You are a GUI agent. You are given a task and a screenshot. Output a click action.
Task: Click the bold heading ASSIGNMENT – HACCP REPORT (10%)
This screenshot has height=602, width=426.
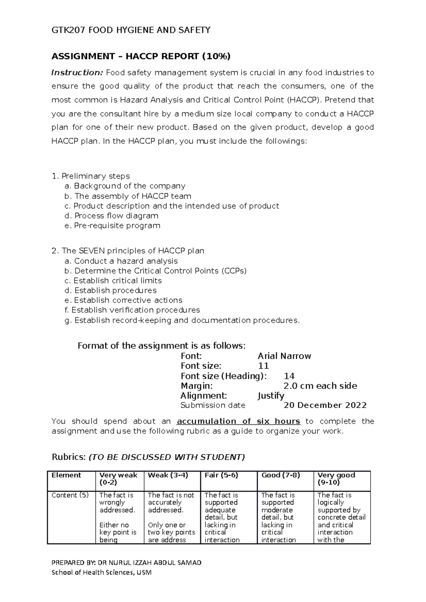coord(141,56)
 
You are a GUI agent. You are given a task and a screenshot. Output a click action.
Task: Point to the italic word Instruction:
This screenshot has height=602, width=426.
coord(77,73)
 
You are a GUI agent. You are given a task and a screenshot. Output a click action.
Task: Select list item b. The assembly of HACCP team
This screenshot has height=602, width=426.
coord(128,196)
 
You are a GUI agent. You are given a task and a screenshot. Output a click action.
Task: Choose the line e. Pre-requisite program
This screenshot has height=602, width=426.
coord(113,225)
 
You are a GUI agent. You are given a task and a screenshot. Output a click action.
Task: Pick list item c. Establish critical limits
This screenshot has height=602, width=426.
coord(113,280)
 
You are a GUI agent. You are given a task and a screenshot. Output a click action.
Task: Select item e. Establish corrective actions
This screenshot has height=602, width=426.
coord(124,300)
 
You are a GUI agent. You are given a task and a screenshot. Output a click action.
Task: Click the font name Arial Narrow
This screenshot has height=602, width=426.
coord(284,356)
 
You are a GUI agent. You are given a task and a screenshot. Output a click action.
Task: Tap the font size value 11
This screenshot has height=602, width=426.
coord(263,366)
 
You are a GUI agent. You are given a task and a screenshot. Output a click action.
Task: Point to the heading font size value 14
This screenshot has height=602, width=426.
coord(289,376)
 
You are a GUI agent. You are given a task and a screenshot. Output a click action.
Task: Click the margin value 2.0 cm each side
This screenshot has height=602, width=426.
coord(320,386)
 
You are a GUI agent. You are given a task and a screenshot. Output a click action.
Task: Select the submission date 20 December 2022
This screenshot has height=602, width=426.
coord(325,405)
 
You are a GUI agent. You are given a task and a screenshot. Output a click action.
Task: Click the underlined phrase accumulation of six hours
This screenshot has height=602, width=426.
coord(238,421)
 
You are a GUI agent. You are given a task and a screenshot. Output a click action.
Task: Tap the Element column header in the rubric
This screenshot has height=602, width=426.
coord(66,475)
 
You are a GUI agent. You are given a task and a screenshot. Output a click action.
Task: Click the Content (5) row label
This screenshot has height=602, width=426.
coord(70,495)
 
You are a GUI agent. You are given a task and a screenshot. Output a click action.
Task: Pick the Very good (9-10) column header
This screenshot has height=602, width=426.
coord(336,479)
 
